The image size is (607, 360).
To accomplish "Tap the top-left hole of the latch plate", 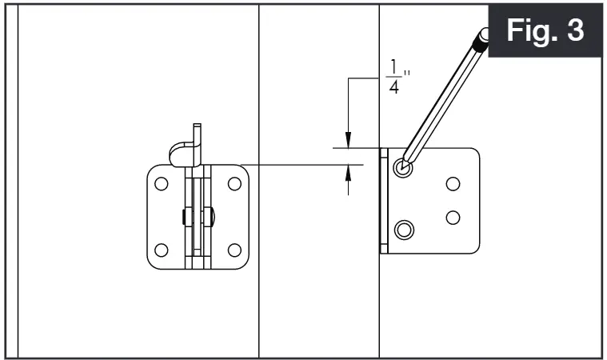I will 161,183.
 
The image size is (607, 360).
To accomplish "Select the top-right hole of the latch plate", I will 234,183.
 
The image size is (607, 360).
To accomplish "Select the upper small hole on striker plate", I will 453,184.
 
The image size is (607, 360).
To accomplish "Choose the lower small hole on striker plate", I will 453,216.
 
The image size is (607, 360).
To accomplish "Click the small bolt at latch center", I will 198,216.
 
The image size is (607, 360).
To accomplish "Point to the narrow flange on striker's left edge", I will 384,200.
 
